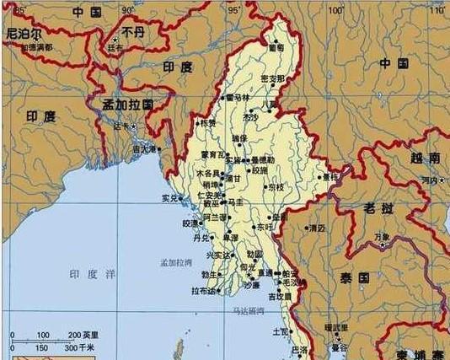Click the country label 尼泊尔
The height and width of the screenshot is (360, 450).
pos(24,35)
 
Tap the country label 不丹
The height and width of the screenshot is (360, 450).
pos(133,32)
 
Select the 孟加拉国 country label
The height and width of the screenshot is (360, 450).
pos(127,105)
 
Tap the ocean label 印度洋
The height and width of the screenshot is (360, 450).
pos(93,275)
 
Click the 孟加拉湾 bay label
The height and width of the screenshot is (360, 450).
pos(176,263)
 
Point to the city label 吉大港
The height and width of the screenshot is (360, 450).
pos(144,149)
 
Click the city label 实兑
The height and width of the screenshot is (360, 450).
pos(169,199)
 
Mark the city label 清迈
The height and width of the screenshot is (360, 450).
pos(317,228)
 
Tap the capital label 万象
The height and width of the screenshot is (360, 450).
pos(382,237)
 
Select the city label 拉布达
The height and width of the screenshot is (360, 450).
pos(204,292)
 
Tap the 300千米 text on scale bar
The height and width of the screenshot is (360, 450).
pos(81,347)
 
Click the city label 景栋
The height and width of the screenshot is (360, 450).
pos(330,177)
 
